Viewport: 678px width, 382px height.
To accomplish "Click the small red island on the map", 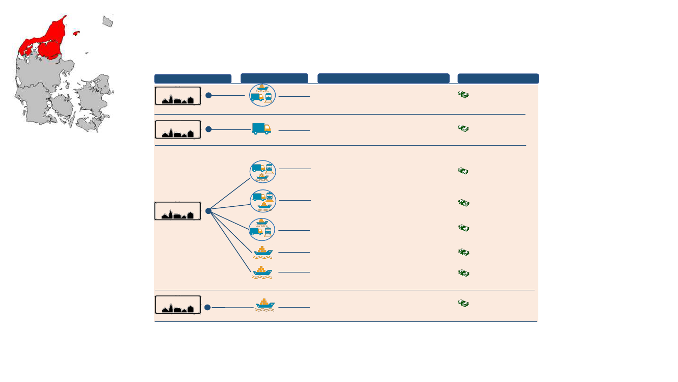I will [x=76, y=34].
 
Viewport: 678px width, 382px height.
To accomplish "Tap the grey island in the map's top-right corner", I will [x=107, y=21].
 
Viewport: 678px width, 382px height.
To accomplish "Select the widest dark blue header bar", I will [x=383, y=78].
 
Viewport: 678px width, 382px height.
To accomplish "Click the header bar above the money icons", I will [x=498, y=78].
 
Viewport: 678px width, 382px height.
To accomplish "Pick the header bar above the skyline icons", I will [x=193, y=79].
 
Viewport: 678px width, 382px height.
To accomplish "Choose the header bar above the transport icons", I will [x=274, y=78].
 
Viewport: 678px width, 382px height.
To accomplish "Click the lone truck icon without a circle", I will [x=261, y=129].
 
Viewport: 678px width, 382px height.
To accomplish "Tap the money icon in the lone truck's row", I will [x=463, y=128].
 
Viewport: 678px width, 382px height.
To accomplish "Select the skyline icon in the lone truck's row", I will [x=178, y=130].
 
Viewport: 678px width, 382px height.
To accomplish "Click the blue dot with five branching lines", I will [x=209, y=211].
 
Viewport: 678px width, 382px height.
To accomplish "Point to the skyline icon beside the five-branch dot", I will [x=178, y=211].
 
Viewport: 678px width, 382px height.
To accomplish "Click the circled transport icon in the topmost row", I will [x=262, y=95].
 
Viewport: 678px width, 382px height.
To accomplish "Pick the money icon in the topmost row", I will [x=463, y=95].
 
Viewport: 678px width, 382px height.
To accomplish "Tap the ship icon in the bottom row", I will [x=264, y=305].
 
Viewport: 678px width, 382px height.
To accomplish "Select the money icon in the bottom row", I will [x=463, y=303].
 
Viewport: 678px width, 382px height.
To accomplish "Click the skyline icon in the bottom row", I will [x=178, y=305].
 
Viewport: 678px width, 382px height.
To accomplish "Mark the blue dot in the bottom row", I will [x=208, y=307].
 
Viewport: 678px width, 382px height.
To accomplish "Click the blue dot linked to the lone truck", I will [x=209, y=129].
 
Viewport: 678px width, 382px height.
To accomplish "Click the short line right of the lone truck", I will [x=294, y=131].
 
